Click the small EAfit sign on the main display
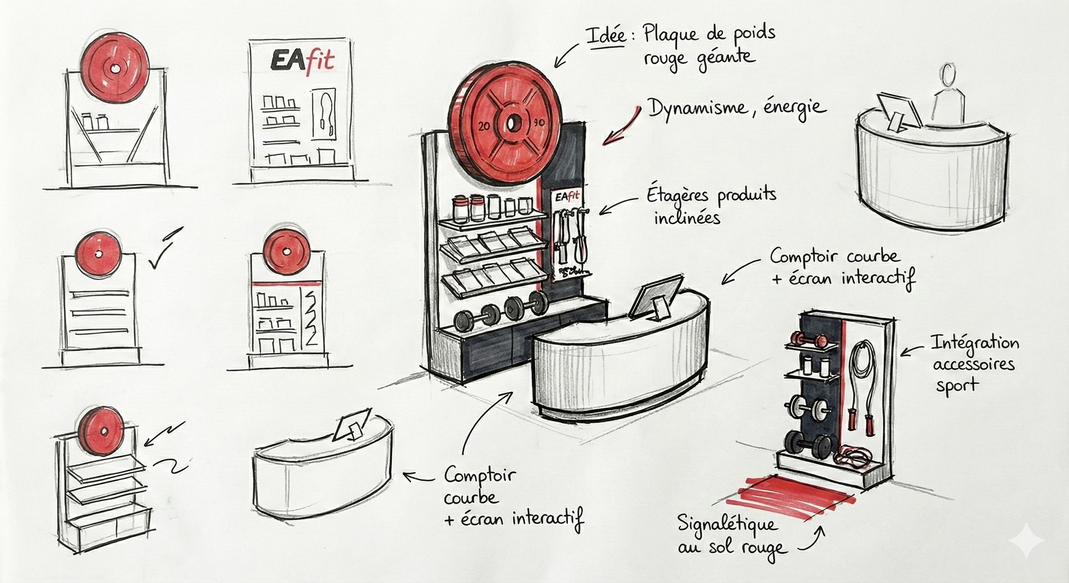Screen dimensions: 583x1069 [567, 197]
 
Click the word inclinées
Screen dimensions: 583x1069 [687, 217]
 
